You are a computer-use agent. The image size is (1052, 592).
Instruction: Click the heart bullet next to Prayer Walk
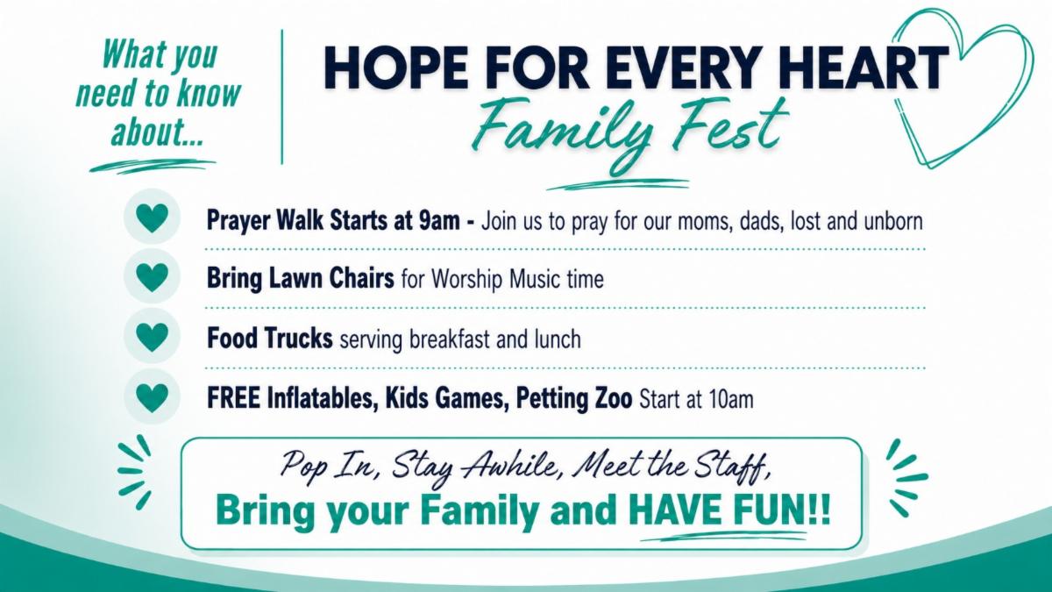pyautogui.click(x=152, y=218)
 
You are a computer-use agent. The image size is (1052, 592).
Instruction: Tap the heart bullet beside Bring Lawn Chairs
pyautogui.click(x=152, y=277)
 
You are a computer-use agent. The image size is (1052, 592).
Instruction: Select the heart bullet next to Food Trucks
pyautogui.click(x=152, y=338)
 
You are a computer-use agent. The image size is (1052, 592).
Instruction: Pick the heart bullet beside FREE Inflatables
pyautogui.click(x=152, y=397)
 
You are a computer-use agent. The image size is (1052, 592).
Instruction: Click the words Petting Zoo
pyautogui.click(x=574, y=398)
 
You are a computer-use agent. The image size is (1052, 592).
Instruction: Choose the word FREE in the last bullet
pyautogui.click(x=233, y=398)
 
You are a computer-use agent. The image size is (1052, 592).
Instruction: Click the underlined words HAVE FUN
pyautogui.click(x=717, y=510)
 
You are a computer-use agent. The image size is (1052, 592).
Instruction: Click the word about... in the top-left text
pyautogui.click(x=157, y=132)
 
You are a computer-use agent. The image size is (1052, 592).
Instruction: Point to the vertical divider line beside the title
pyautogui.click(x=281, y=96)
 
